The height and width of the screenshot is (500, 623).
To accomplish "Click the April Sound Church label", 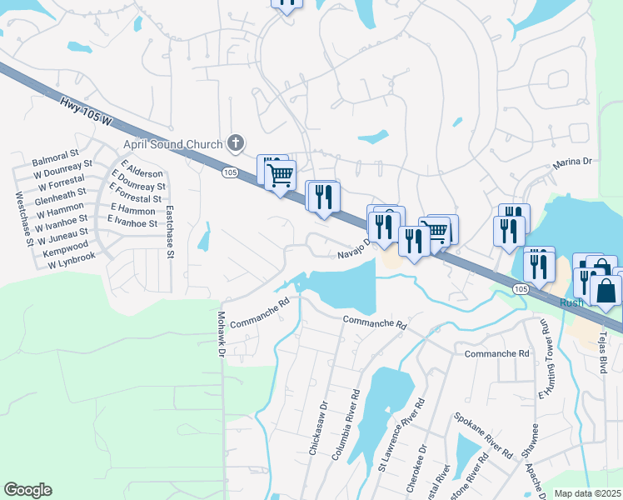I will point(181,144).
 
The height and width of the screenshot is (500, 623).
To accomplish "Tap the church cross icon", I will point(237,143).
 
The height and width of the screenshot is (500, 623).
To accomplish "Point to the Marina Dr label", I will point(571,164).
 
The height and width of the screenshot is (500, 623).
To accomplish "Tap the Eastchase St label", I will point(169,230).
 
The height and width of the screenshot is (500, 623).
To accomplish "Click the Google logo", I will point(27,489).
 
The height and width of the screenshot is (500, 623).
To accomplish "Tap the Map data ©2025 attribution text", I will point(587,493).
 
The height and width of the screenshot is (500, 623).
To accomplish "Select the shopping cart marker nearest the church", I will point(281,174).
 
